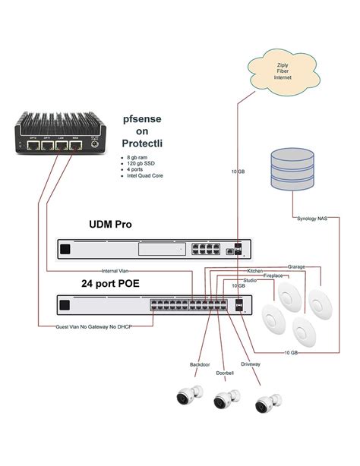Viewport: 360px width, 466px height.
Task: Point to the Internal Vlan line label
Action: pos(117,271)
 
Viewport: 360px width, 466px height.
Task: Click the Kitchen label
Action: pos(255,270)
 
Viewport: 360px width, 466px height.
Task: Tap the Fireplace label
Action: pos(273,276)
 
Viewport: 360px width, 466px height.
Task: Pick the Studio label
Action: pos(249,281)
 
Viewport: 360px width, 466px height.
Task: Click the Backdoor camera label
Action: pos(201,365)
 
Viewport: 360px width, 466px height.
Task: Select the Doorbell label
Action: pos(225,372)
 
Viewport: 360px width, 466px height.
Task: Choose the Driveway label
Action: pos(251,365)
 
